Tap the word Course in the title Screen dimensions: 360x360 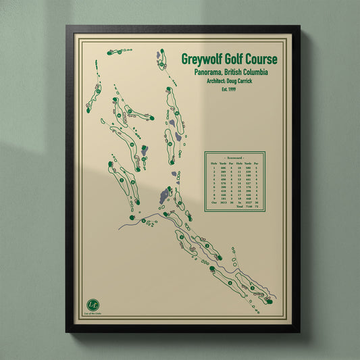click(x=259, y=59)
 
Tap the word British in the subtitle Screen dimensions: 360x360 click(x=229, y=72)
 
